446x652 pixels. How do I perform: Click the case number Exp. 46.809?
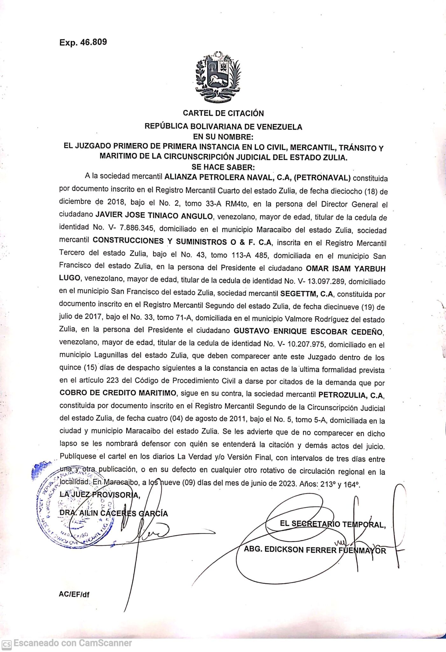point(83,42)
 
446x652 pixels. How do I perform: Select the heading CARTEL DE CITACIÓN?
point(223,113)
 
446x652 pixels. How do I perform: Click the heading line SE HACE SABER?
point(223,167)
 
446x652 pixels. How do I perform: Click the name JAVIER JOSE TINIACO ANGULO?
point(154,216)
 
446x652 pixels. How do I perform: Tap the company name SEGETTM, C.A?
point(306,294)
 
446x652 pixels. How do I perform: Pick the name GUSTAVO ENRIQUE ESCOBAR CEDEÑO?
point(308,331)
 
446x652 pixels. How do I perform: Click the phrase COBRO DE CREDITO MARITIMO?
point(118,393)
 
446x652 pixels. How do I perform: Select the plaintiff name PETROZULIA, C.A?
point(351,395)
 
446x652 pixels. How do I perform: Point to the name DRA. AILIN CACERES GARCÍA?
point(114,513)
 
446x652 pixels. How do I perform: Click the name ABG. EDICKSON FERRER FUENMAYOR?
point(315,550)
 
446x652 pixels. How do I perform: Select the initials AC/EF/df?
point(74,594)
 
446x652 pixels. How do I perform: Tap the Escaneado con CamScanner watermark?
point(68,643)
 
